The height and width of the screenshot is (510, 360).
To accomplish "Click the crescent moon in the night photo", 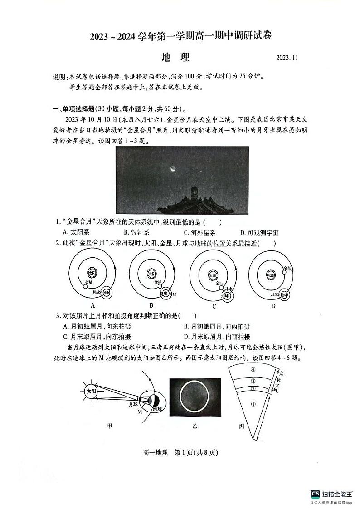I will click(173, 169).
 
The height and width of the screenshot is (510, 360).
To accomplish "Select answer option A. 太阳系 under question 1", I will click(76, 232).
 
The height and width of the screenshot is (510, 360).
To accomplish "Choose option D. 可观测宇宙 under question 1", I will click(259, 232).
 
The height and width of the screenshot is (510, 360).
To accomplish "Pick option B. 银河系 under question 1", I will click(134, 232).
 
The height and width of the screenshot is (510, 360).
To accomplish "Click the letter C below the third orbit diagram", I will click(214, 306).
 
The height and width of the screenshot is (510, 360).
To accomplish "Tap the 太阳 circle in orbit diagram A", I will click(92, 273).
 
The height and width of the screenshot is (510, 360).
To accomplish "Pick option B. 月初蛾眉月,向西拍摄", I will click(217, 326).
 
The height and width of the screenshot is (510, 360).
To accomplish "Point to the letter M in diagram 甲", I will click(139, 411).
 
